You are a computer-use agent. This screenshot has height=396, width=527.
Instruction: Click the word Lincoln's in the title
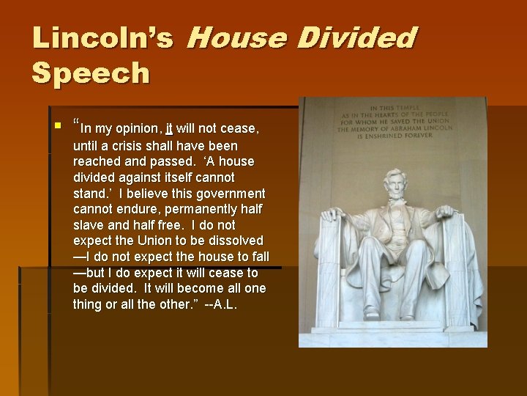tap(102, 38)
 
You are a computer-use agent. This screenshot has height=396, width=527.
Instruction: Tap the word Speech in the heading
tap(91, 73)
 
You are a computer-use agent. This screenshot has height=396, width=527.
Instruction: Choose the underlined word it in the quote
tap(169, 129)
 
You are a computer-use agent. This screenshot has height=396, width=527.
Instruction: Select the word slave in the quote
tap(89, 225)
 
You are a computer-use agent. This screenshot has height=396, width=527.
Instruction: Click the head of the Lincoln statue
tap(396, 186)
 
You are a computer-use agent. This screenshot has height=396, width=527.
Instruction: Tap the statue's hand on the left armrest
tap(333, 215)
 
